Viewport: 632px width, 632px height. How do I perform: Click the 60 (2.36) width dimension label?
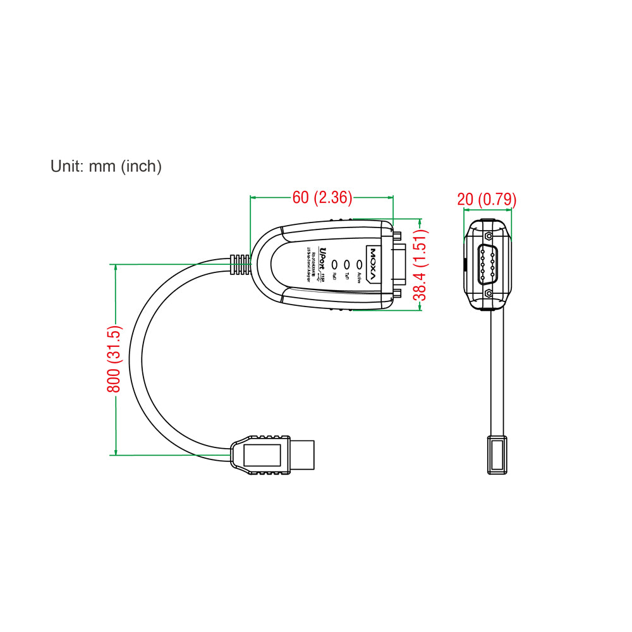point(322,198)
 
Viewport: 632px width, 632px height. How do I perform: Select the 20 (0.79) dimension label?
point(487,200)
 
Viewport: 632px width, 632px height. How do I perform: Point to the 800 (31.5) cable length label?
point(114,359)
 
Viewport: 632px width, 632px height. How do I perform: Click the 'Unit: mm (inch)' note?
point(106,166)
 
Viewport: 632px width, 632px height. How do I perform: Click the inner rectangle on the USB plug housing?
point(262,455)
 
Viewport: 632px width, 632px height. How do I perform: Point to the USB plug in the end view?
point(497,454)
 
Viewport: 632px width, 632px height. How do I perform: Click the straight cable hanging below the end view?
point(498,373)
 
